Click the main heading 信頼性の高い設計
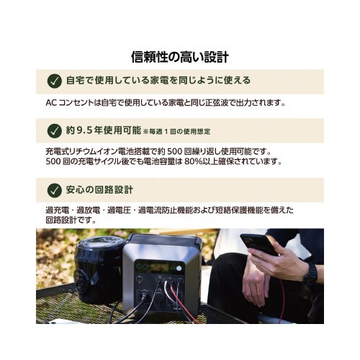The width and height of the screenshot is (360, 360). (181, 55)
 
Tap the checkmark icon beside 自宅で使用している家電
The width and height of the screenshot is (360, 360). (54, 81)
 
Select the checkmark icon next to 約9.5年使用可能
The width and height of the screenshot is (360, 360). (54, 130)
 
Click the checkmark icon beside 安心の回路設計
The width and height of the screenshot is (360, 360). (54, 190)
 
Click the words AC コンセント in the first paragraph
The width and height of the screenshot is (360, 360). (64, 102)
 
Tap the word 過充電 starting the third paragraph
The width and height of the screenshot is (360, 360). (57, 210)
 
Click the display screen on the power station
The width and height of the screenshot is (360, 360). (157, 266)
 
